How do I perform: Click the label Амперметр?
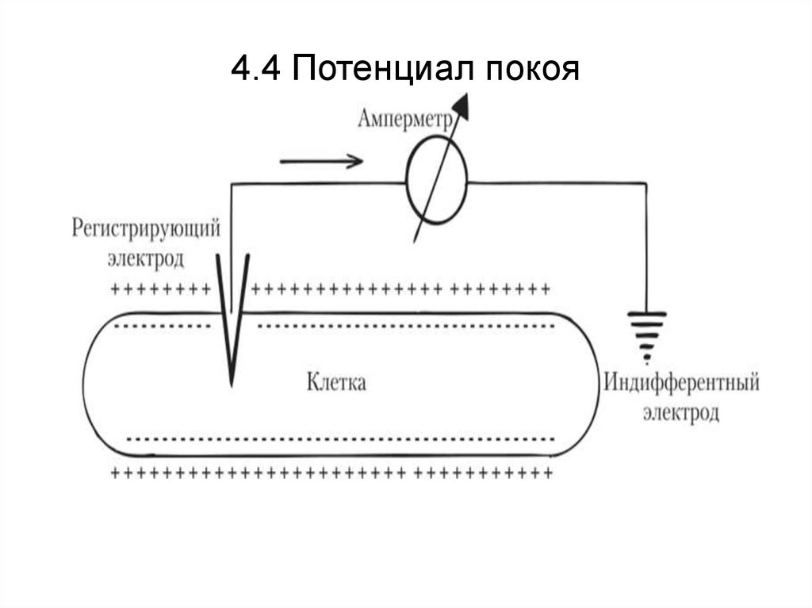pyautogui.click(x=404, y=120)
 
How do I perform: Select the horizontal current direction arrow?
pyautogui.click(x=320, y=161)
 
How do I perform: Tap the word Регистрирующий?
pyautogui.click(x=146, y=230)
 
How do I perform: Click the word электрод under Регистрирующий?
pyautogui.click(x=145, y=258)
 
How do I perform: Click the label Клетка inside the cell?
pyautogui.click(x=336, y=383)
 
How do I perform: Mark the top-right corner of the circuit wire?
pyautogui.click(x=648, y=182)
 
